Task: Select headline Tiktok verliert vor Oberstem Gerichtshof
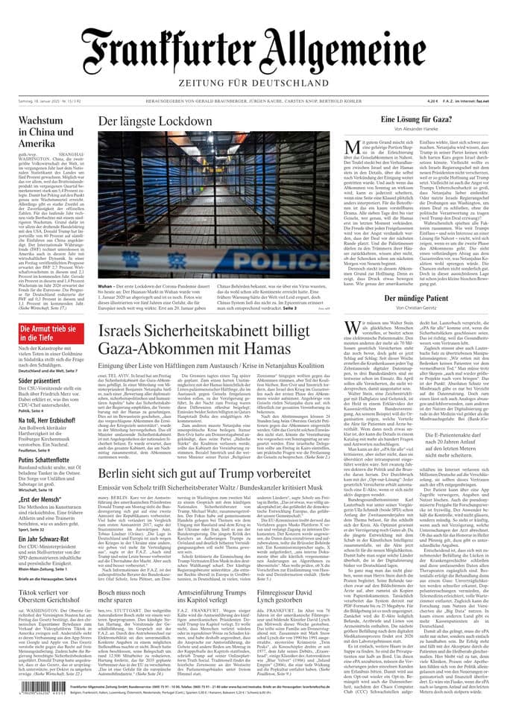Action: click(x=48, y=597)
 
